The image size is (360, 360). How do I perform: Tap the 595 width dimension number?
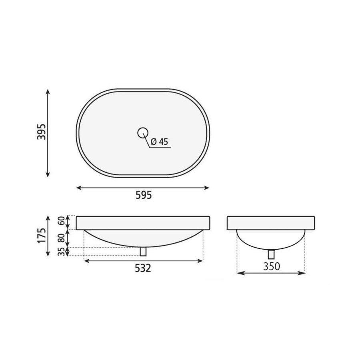point(144,195)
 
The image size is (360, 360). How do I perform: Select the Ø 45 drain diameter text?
point(160,142)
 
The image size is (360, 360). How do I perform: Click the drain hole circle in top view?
point(143,133)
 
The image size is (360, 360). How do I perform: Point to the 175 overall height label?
point(42,236)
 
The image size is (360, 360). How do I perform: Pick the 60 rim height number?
point(61,221)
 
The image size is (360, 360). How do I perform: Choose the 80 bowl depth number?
point(61,238)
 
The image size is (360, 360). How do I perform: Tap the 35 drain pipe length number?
point(61,252)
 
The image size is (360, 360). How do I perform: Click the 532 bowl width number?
point(143,268)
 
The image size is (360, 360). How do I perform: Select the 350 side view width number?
point(272,266)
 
